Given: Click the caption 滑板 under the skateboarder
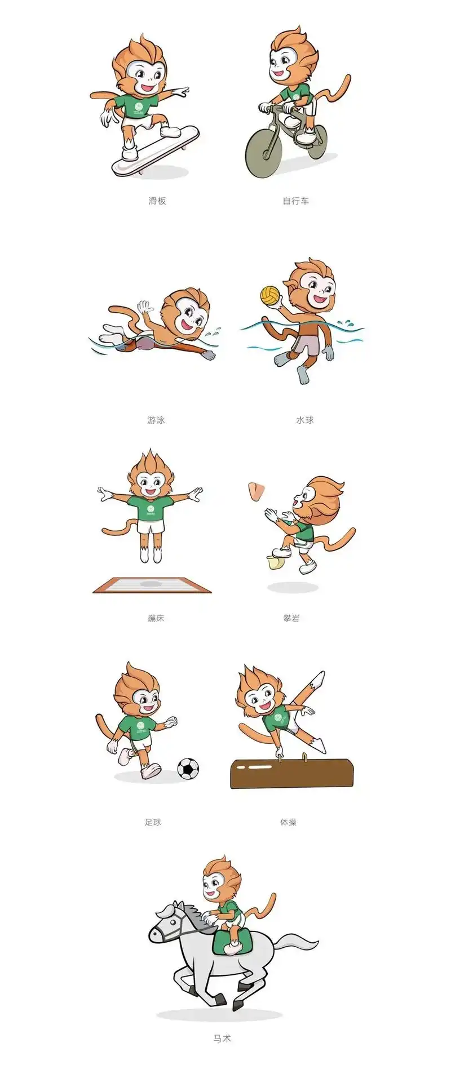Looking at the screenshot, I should [157, 201].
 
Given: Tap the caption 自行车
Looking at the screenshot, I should [295, 201].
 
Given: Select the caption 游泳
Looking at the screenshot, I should [156, 420].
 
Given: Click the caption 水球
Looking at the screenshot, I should [304, 420].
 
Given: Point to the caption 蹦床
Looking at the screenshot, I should [156, 618].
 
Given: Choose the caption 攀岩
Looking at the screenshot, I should [291, 618].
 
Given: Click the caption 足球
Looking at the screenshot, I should [153, 822].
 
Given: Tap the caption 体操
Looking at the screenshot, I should [288, 822].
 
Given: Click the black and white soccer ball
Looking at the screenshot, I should [188, 768].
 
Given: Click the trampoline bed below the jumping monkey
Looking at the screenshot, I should [152, 584].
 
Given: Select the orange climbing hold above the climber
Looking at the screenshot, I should [256, 491].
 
